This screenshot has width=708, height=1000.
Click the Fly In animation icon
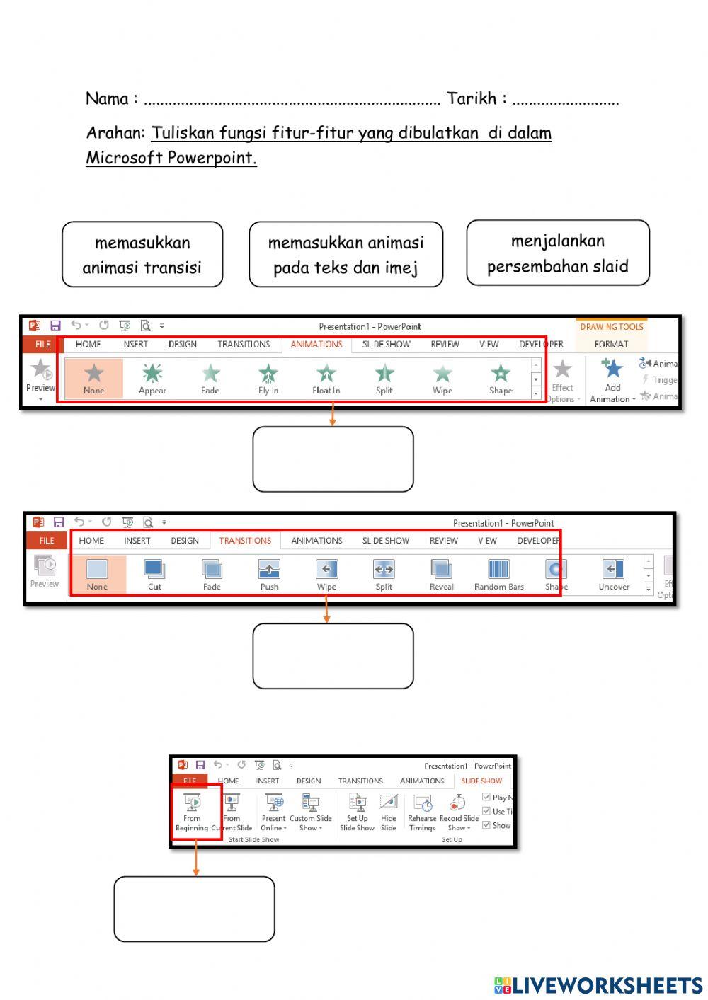click(268, 375)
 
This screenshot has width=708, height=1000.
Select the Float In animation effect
click(326, 375)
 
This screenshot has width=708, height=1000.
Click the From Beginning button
click(192, 812)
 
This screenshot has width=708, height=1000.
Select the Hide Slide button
click(389, 812)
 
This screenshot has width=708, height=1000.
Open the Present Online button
click(274, 812)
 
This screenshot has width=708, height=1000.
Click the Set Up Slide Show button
click(357, 812)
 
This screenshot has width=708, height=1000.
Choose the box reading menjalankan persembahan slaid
click(558, 253)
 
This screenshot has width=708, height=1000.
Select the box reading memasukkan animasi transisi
click(142, 255)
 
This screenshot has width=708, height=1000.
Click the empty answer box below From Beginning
click(194, 909)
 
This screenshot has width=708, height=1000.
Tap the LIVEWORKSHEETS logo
click(598, 985)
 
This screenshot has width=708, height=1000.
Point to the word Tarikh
click(472, 98)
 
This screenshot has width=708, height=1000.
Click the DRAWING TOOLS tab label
click(612, 327)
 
